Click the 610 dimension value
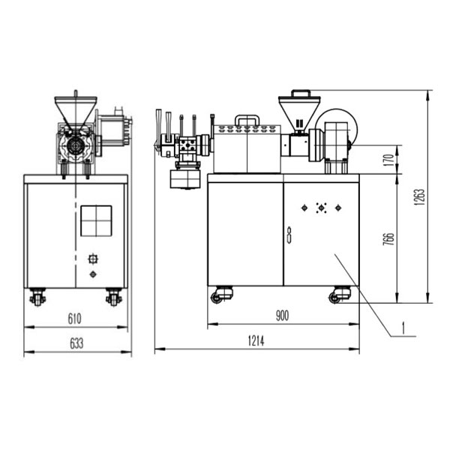tap(74, 319)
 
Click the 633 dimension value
tap(76, 343)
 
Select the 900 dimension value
tap(282, 316)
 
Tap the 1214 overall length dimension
tap(256, 341)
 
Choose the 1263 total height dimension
tap(419, 196)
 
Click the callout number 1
tap(403, 328)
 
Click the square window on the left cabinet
tap(96, 221)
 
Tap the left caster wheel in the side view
tap(37, 297)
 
